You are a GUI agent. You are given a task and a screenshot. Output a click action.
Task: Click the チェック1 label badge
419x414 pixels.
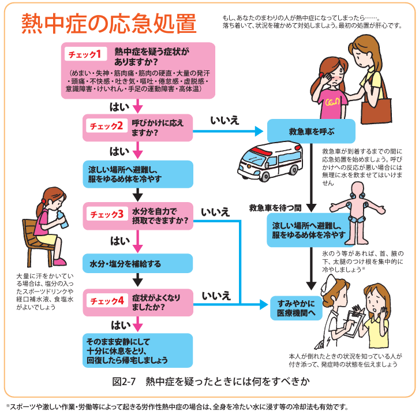(x=85, y=54)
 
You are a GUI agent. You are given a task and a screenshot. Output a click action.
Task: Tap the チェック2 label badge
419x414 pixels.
(x=106, y=126)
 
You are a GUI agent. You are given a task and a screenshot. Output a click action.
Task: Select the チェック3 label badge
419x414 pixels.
(x=107, y=214)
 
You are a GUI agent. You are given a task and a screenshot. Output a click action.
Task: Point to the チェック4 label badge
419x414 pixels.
(x=107, y=301)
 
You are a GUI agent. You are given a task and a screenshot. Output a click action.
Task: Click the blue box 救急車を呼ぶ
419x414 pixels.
(x=311, y=131)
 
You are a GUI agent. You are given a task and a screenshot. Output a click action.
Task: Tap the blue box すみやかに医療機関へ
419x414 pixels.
(x=296, y=308)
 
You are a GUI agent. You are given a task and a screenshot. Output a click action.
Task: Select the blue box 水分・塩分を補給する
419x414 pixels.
(x=137, y=263)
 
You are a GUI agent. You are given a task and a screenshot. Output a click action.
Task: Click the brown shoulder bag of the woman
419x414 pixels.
(x=376, y=110)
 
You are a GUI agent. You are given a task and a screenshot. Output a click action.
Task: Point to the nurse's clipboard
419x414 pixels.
(x=353, y=323)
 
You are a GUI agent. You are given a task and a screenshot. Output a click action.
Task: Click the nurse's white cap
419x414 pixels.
(x=328, y=284)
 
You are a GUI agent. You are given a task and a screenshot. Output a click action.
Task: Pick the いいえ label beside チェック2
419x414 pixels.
(x=225, y=120)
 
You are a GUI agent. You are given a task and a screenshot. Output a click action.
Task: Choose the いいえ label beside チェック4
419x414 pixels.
(x=216, y=296)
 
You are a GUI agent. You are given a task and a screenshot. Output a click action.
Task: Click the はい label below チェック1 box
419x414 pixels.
(x=119, y=107)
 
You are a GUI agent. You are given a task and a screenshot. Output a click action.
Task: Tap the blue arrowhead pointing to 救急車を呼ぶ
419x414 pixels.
(x=259, y=131)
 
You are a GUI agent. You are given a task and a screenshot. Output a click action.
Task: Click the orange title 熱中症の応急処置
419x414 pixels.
(x=109, y=24)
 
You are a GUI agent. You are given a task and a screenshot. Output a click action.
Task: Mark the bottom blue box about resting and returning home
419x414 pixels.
(x=137, y=350)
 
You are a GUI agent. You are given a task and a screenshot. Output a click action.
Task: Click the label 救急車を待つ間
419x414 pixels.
(x=275, y=208)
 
